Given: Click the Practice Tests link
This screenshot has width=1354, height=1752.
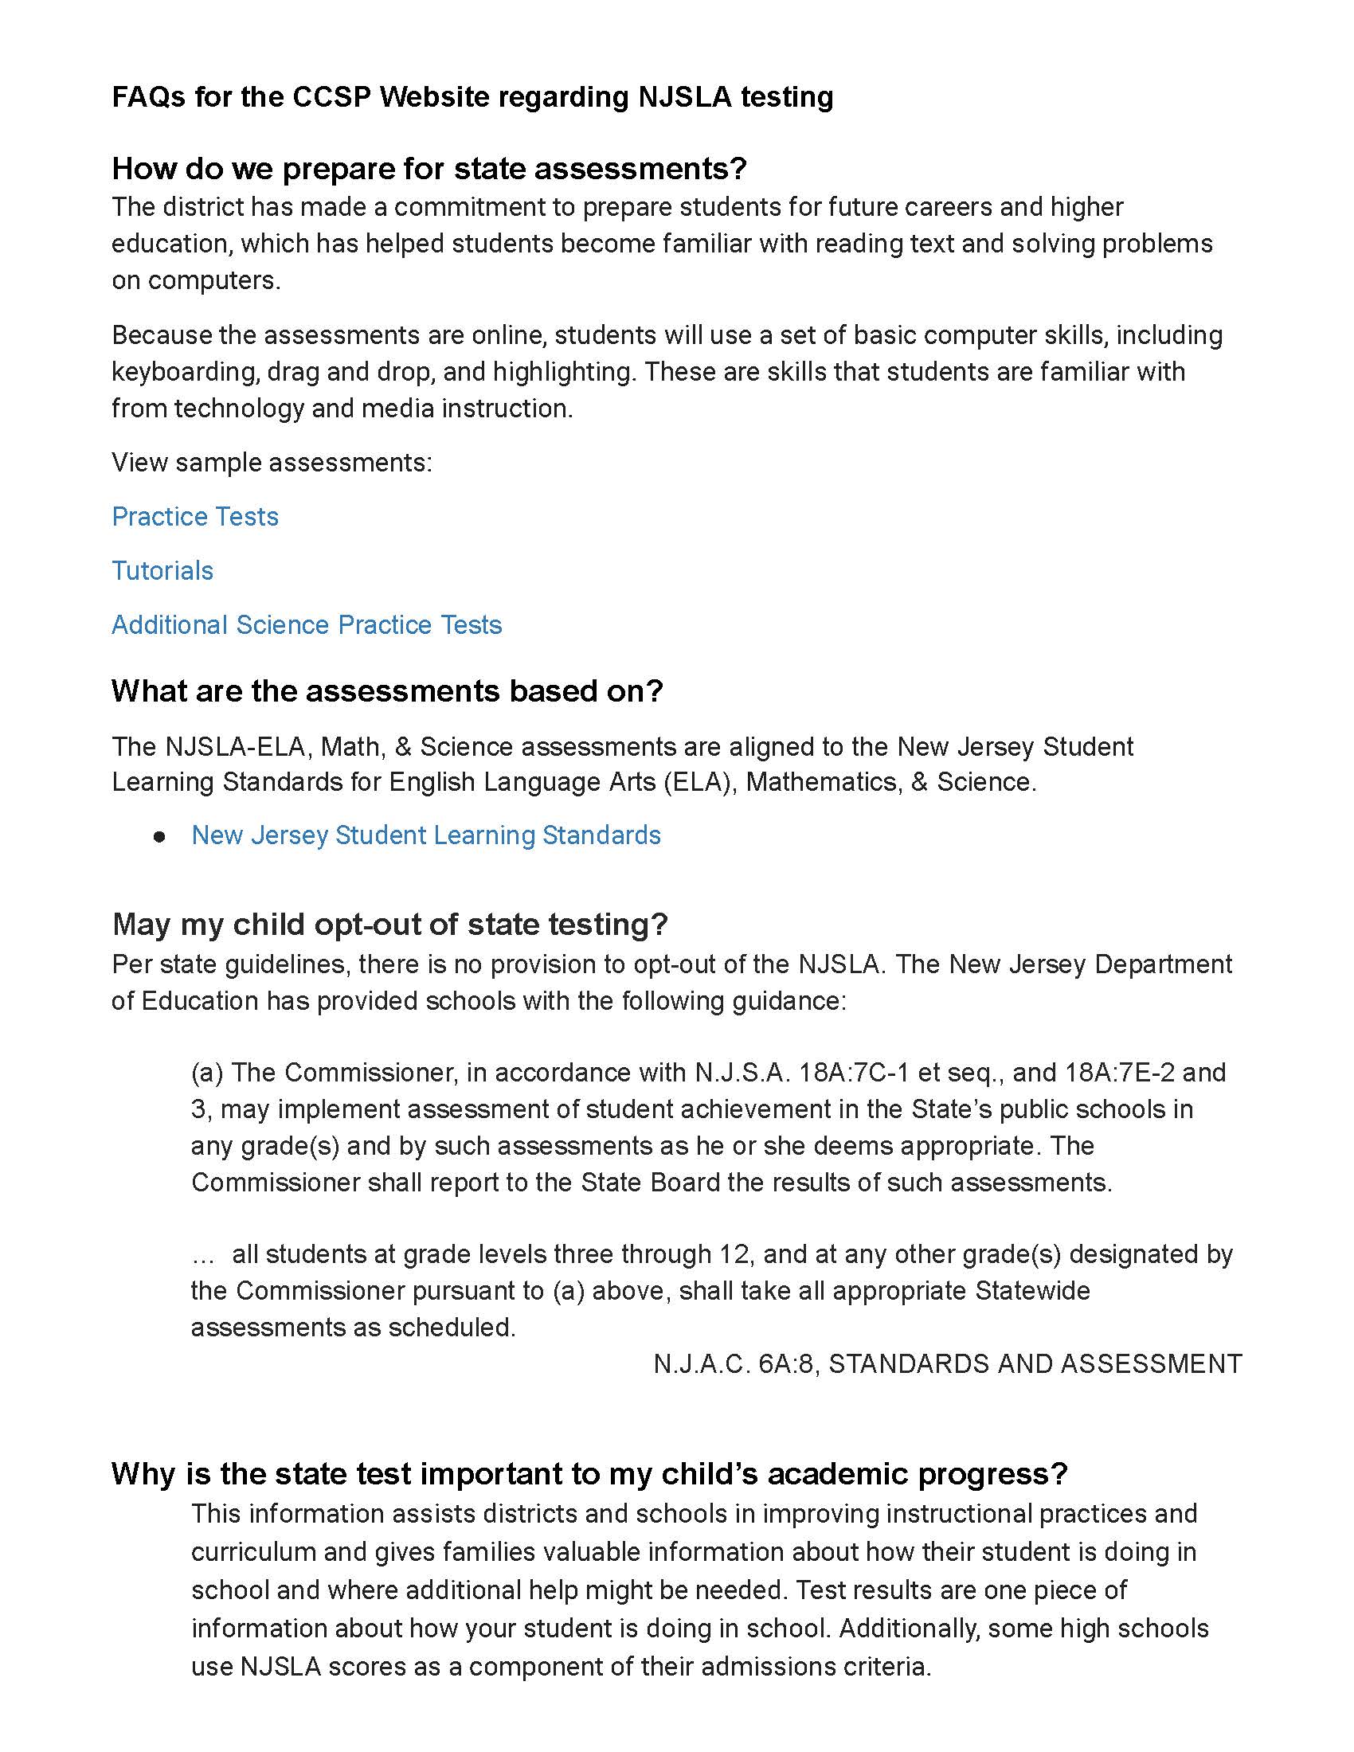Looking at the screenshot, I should (195, 517).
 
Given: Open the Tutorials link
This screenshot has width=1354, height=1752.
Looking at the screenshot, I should (162, 570).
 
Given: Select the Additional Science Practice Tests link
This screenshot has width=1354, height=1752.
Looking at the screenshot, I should (307, 625).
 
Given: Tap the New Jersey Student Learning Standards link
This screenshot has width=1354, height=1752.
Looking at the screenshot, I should (426, 835).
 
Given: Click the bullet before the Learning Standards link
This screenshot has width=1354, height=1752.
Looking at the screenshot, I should (159, 837).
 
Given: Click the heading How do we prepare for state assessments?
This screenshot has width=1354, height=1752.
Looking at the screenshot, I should (429, 169).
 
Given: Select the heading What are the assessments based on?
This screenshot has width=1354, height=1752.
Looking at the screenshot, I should (387, 690).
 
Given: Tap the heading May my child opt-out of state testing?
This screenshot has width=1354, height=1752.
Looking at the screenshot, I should (389, 924).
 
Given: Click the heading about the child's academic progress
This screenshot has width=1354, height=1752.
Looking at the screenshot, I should (589, 1473).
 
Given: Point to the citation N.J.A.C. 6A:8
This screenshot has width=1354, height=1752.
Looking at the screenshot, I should (736, 1363).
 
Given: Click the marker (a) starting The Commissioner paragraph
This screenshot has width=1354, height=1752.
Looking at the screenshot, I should (206, 1073).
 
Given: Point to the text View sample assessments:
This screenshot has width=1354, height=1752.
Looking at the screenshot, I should (272, 463).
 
